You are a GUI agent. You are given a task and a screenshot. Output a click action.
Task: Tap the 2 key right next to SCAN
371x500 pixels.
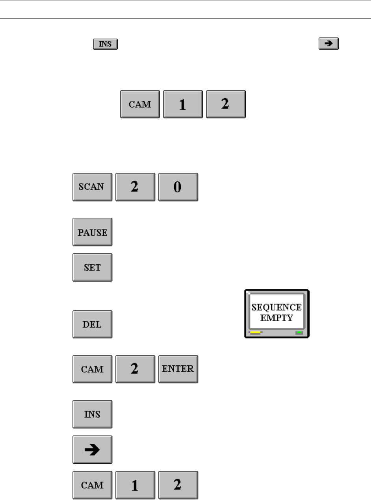pyautogui.click(x=135, y=187)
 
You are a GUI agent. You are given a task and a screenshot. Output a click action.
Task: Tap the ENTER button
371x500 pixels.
pyautogui.click(x=178, y=369)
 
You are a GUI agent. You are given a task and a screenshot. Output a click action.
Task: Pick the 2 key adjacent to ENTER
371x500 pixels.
pyautogui.click(x=135, y=369)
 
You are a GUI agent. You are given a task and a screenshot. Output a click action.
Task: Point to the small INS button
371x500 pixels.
pyautogui.click(x=106, y=44)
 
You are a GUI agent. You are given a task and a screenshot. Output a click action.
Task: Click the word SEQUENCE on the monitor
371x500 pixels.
pyautogui.click(x=276, y=307)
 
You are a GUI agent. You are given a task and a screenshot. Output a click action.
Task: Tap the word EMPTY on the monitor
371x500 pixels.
pyautogui.click(x=276, y=318)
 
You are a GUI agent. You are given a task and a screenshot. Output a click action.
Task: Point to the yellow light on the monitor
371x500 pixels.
pyautogui.click(x=255, y=333)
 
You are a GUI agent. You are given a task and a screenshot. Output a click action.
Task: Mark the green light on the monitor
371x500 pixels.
pyautogui.click(x=299, y=333)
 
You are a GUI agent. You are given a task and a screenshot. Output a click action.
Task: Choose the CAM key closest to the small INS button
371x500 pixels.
pyautogui.click(x=140, y=105)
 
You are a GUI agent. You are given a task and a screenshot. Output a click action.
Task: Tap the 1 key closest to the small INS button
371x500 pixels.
pyautogui.click(x=183, y=105)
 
